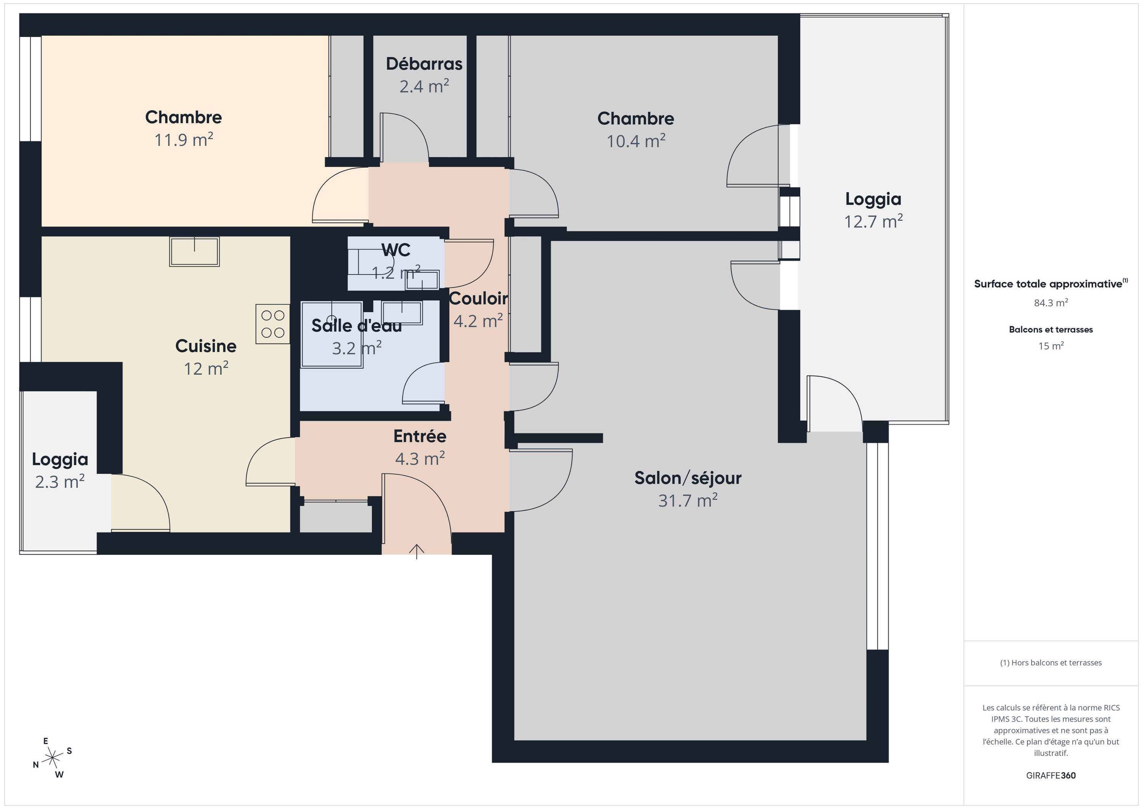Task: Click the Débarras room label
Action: click(424, 64)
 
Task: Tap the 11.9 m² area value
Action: click(184, 140)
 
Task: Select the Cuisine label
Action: click(206, 346)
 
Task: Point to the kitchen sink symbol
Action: click(194, 252)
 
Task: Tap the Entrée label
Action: click(419, 436)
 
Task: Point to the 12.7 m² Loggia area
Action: click(873, 221)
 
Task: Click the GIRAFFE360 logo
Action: click(1051, 775)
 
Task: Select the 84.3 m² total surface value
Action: click(1051, 302)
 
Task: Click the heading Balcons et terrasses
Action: click(1051, 329)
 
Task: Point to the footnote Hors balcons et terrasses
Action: click(1051, 663)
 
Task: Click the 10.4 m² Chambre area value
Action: click(636, 141)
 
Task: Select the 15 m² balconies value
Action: click(1051, 346)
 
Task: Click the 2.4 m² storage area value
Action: click(424, 86)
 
